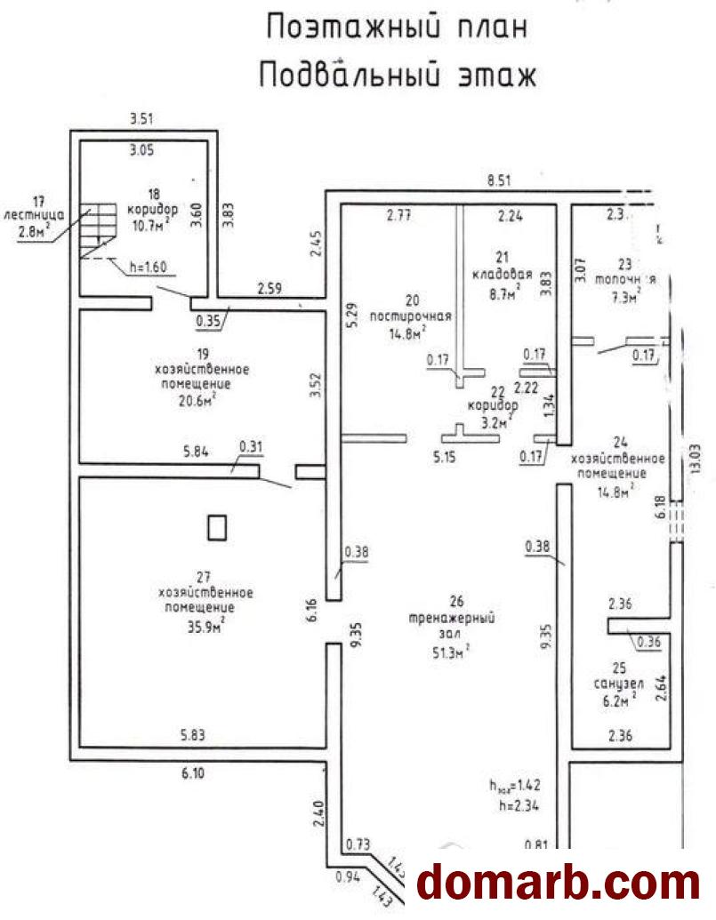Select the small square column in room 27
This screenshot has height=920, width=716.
tap(217, 528)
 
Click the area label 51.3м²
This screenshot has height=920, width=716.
tap(451, 652)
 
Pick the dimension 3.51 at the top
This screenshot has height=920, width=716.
tap(143, 119)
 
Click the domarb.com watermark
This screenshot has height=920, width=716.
tap(559, 882)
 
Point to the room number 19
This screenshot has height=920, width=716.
tap(197, 350)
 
